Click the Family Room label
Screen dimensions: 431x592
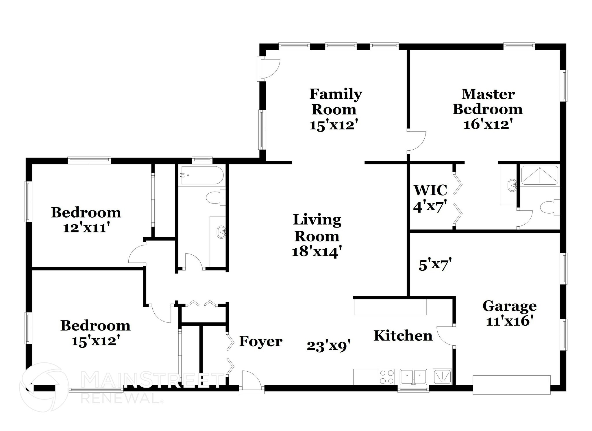coord(335,102)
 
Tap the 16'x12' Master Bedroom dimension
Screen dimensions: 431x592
coord(488,124)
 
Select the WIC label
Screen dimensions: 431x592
coord(430,190)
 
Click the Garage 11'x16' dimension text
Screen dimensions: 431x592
coord(509,321)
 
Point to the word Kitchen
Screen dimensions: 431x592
coord(403,336)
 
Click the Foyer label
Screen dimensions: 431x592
coord(260,342)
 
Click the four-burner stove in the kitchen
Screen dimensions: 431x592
coord(387,377)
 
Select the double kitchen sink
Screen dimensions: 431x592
coord(413,377)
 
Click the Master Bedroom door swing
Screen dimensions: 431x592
coord(416,141)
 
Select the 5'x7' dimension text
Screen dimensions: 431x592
coord(435,265)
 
